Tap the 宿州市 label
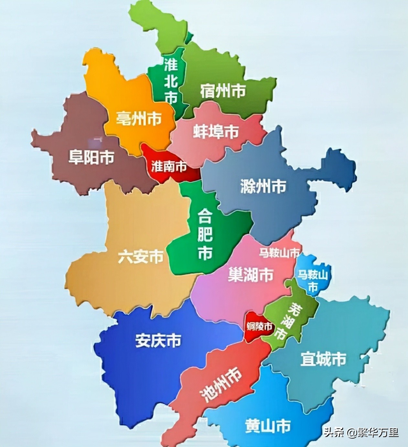coord(223,91)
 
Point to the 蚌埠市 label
coord(216,132)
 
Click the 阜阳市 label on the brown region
coord(91,157)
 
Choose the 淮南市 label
coord(169,167)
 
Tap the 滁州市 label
coord(263,186)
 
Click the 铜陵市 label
coord(259,327)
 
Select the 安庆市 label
coord(158,341)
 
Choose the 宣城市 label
coord(323,359)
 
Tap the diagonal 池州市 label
coord(221,384)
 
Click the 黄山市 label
coord(268,426)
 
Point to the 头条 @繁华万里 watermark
coord(361,432)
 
